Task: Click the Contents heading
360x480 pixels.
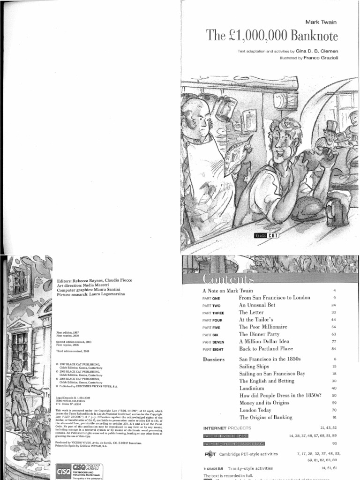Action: click(227, 279)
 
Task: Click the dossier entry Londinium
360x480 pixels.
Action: click(252, 388)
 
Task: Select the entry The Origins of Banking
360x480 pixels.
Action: click(266, 417)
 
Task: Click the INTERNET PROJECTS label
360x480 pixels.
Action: click(227, 428)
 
